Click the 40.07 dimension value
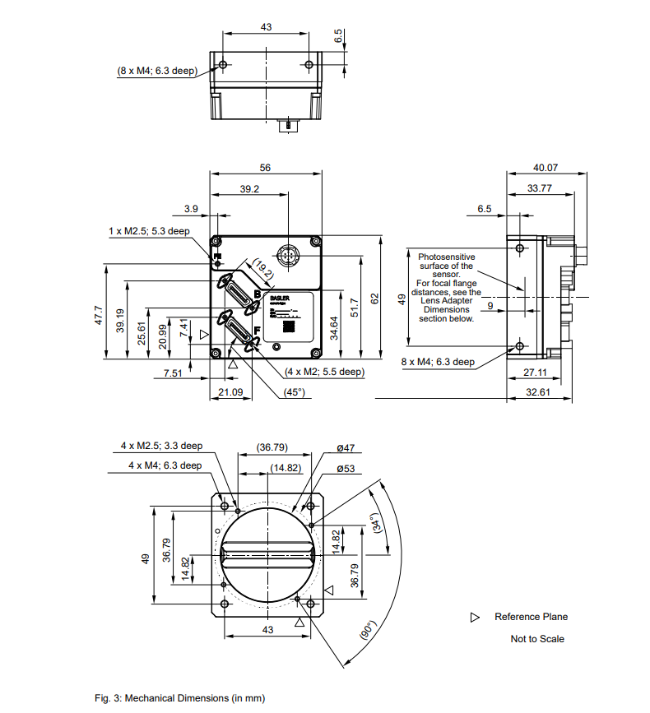[x=546, y=168]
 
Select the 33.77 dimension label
[x=539, y=188]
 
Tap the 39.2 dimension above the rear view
[x=249, y=189]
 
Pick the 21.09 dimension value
[x=230, y=392]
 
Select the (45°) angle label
[x=294, y=392]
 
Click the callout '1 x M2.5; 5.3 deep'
[x=149, y=231]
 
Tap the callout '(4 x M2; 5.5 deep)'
[x=324, y=372]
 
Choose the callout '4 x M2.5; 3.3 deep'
[x=161, y=446]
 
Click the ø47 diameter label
[x=345, y=448]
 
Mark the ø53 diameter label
[x=345, y=469]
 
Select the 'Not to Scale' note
[x=537, y=639]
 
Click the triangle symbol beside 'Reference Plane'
[x=475, y=617]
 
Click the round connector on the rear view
[x=287, y=257]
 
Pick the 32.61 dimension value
[x=537, y=392]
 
